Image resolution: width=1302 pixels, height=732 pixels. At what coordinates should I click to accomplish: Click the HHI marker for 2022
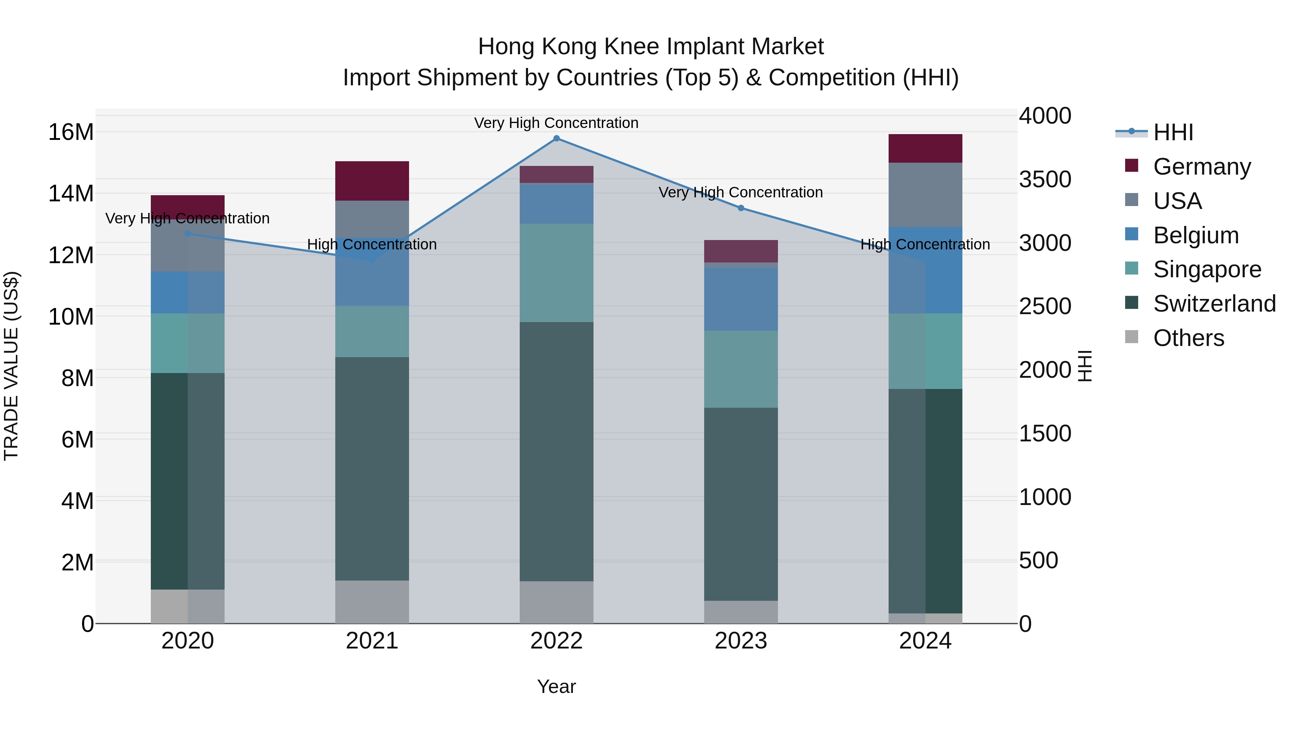[557, 138]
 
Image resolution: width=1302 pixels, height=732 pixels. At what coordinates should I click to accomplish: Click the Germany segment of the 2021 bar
[372, 181]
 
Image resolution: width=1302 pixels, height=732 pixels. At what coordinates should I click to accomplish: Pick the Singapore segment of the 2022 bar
[557, 273]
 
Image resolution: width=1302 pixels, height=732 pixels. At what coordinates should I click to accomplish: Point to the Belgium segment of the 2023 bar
[741, 299]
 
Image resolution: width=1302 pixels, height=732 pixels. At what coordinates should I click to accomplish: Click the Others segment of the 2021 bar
[372, 602]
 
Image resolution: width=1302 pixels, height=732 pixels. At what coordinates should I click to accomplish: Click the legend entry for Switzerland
[1214, 304]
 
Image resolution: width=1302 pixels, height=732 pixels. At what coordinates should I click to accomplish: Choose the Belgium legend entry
[1196, 235]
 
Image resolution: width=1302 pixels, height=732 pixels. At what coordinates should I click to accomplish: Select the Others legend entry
[1188, 338]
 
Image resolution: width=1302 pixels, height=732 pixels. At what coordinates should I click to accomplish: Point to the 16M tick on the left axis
[71, 132]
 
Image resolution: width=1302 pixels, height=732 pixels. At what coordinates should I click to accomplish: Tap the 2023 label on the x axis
[741, 641]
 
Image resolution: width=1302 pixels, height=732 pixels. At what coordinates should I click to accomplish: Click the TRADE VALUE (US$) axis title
[11, 366]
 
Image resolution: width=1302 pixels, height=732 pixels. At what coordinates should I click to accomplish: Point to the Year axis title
[557, 686]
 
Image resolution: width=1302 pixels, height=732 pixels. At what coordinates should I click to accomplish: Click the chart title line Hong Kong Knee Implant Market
[651, 47]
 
